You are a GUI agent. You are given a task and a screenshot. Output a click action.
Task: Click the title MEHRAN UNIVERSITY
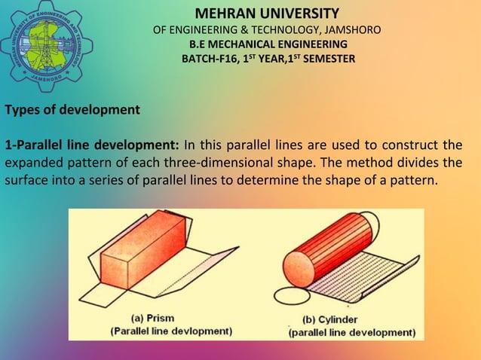[x=267, y=14]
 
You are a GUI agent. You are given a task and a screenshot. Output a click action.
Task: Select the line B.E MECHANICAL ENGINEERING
[x=268, y=44]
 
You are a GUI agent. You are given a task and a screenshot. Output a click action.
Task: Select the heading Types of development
[x=72, y=110]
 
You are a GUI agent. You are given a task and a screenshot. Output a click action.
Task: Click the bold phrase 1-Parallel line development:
[x=92, y=145]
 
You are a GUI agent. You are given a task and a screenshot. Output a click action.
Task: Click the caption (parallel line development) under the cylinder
[x=351, y=331]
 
